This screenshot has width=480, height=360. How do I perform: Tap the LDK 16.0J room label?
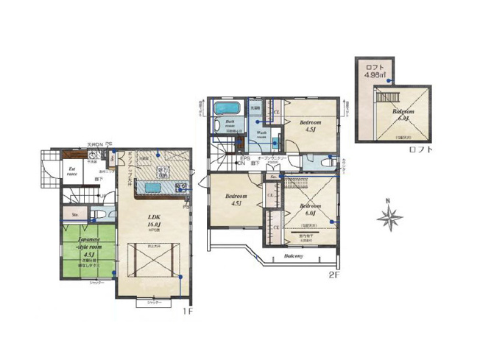154,221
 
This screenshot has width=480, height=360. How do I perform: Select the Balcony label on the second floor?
294,257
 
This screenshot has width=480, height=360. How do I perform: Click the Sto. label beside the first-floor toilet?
75,215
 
